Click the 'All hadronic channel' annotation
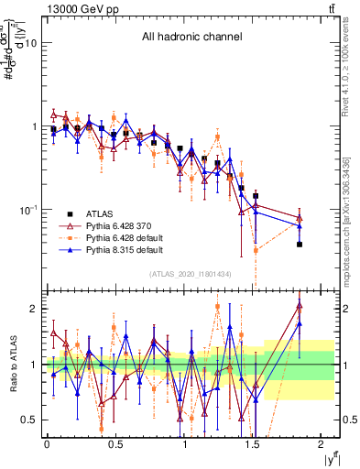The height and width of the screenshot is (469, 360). pos(191,38)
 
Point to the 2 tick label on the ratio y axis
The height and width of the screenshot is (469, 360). pos(34,309)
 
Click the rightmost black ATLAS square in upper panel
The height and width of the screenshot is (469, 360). pos(300,244)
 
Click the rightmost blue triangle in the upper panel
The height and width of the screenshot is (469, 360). pos(300,225)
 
